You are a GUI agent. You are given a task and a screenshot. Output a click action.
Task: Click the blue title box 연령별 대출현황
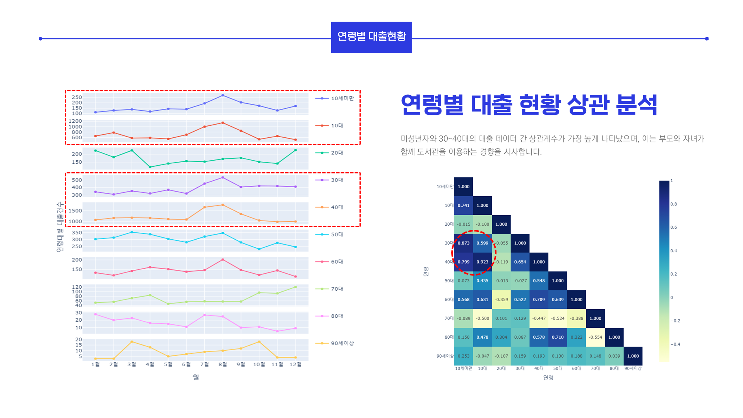pyautogui.click(x=371, y=37)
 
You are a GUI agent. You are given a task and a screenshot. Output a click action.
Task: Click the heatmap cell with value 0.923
pyautogui.click(x=482, y=262)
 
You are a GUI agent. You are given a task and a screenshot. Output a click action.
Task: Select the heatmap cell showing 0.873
pyautogui.click(x=464, y=243)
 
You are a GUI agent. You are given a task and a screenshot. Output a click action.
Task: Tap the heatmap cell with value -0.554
pyautogui.click(x=595, y=337)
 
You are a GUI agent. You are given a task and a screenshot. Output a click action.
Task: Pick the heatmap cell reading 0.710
pyautogui.click(x=558, y=337)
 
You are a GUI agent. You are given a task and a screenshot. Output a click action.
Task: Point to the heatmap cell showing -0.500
pyautogui.click(x=482, y=319)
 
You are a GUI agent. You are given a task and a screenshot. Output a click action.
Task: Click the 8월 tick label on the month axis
pyautogui.click(x=223, y=365)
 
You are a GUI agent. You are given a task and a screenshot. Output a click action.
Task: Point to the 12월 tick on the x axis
pyautogui.click(x=295, y=365)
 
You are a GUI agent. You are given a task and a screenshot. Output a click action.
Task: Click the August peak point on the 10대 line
pyautogui.click(x=223, y=123)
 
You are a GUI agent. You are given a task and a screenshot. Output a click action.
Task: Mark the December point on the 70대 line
pyautogui.click(x=296, y=287)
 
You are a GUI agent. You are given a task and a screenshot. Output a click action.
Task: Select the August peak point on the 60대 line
pyautogui.click(x=223, y=260)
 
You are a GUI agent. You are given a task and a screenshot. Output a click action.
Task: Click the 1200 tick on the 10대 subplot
pyautogui.click(x=75, y=121)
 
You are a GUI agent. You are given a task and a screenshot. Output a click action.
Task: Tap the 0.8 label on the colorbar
pyautogui.click(x=674, y=204)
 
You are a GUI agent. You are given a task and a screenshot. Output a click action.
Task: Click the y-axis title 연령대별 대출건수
pyautogui.click(x=60, y=227)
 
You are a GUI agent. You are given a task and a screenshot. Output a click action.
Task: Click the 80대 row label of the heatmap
pyautogui.click(x=449, y=337)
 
